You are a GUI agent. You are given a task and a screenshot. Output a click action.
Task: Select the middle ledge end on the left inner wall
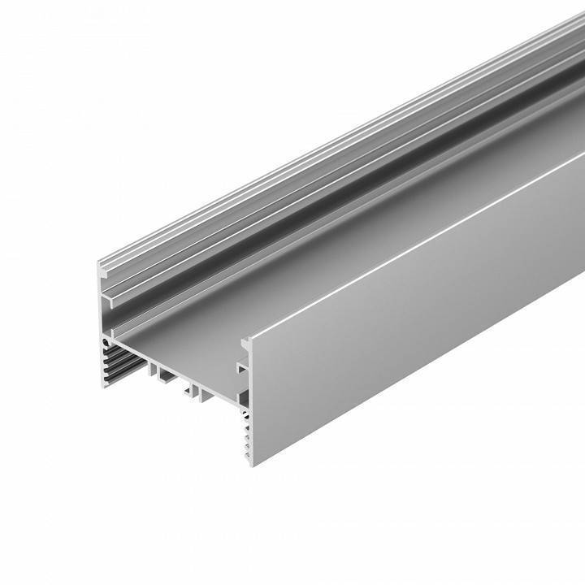pos(109,301)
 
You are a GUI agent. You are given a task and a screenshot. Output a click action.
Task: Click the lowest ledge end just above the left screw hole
pos(110,324)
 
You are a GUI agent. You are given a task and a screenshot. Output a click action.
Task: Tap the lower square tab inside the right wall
pos(240,369)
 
